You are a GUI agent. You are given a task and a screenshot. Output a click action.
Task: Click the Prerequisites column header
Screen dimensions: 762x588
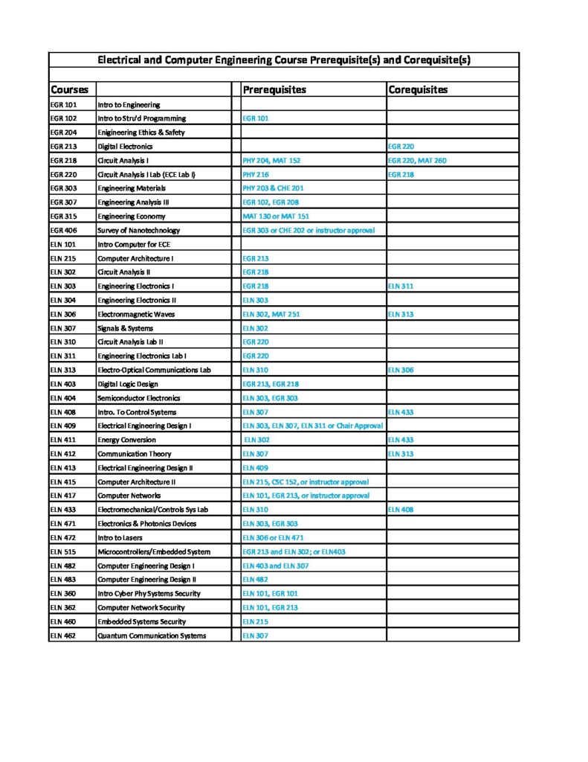274,90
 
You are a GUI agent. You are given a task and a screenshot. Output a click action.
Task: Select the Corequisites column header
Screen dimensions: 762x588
418,90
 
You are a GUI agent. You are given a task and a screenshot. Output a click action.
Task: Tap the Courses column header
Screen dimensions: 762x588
69,90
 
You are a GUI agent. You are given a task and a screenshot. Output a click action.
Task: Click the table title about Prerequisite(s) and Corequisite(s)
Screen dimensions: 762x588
284,60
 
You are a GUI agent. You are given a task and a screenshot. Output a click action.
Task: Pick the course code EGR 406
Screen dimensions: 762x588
63,231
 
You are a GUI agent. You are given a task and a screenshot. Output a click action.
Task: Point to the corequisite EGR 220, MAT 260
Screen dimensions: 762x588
417,161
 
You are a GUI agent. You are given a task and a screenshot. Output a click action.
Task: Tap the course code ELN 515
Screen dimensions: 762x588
63,551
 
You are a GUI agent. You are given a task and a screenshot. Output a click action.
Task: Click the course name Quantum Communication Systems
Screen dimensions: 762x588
152,635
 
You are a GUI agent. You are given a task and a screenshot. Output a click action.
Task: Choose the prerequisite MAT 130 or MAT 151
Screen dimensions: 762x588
276,217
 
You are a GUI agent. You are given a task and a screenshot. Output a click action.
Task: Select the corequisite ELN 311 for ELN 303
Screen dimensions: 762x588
400,286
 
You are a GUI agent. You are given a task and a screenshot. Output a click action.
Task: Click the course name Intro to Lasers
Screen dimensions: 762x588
121,537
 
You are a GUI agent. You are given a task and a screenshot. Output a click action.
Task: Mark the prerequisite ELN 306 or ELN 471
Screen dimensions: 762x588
273,537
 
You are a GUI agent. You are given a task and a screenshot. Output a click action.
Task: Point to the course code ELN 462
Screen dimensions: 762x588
63,635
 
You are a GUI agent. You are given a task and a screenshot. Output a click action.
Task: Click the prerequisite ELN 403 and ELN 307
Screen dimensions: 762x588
276,566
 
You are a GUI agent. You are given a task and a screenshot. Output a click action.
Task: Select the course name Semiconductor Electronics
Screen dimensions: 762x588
139,398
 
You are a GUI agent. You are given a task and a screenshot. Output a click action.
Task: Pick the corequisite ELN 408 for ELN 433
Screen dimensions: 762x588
400,510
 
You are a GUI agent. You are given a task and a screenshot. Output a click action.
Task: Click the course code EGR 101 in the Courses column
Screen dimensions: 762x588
63,105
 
